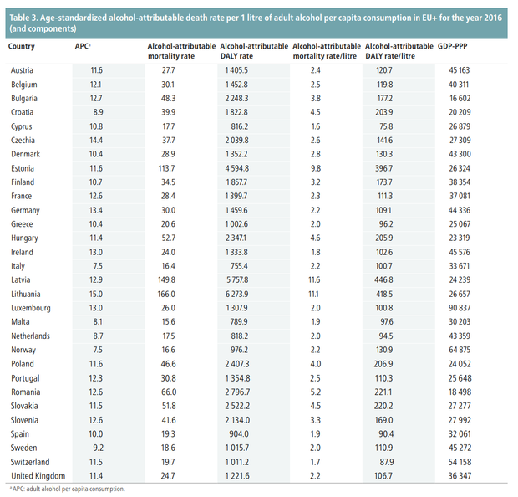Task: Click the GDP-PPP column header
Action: pos(452,46)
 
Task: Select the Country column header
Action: pos(21,46)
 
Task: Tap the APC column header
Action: pos(83,46)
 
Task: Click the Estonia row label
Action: pos(23,168)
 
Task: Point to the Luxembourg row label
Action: pos(31,308)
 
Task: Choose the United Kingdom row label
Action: pos(38,476)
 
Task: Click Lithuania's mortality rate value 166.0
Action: pos(166,295)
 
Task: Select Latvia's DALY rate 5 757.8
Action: pos(237,280)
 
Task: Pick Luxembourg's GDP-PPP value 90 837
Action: pos(460,308)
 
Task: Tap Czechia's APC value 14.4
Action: pos(96,141)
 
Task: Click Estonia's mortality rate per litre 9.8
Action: pos(316,168)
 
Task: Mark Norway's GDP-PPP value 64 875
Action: pos(460,350)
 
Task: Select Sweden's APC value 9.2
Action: pos(98,448)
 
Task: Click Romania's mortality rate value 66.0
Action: pos(169,392)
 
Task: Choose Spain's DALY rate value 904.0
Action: pos(239,433)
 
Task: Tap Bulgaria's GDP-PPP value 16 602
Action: pos(460,99)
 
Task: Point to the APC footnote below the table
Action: pos(68,489)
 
